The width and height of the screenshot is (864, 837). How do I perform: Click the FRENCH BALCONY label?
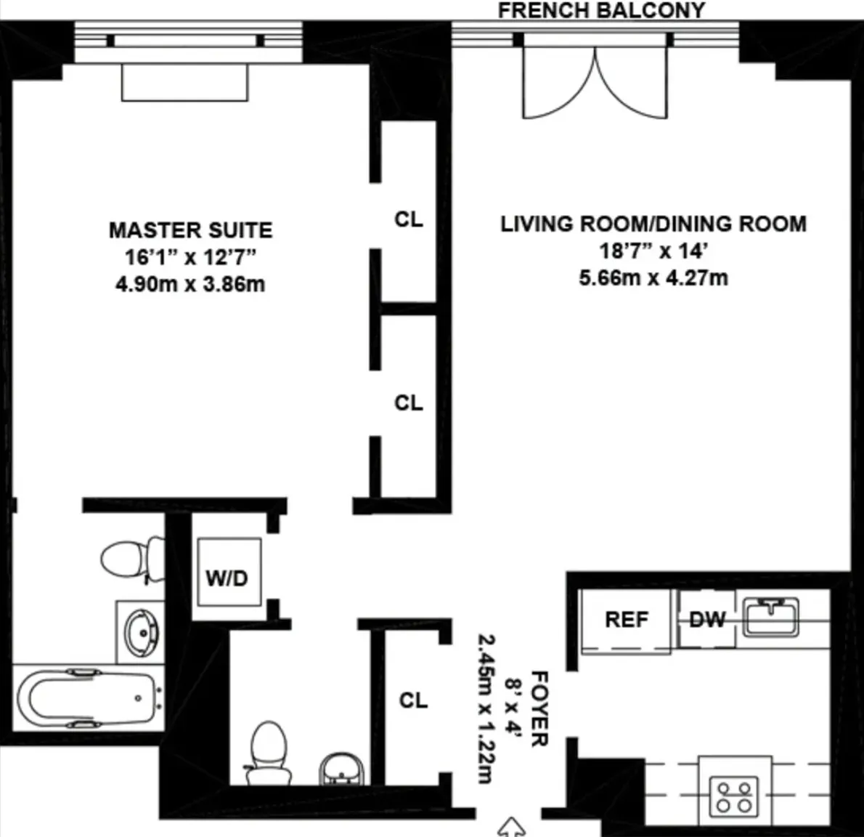pyautogui.click(x=601, y=10)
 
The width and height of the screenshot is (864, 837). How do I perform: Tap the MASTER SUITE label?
pyautogui.click(x=191, y=230)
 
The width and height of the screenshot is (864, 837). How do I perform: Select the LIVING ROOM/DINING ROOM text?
pyautogui.click(x=653, y=224)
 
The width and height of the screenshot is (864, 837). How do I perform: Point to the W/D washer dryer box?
pyautogui.click(x=229, y=572)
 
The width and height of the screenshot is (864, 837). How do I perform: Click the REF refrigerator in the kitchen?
pyautogui.click(x=626, y=621)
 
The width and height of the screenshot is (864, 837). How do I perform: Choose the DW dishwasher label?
pyautogui.click(x=707, y=620)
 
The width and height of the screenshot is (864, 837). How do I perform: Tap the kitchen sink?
pyautogui.click(x=771, y=616)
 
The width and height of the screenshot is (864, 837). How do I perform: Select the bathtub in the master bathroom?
pyautogui.click(x=88, y=698)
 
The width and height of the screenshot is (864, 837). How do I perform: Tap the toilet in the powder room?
pyautogui.click(x=269, y=753)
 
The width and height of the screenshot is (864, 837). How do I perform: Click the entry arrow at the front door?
pyautogui.click(x=511, y=827)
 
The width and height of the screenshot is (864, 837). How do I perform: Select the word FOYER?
pyautogui.click(x=539, y=709)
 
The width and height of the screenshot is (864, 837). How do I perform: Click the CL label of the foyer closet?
pyautogui.click(x=413, y=701)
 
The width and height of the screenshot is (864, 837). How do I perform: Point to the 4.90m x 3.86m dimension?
pyautogui.click(x=190, y=285)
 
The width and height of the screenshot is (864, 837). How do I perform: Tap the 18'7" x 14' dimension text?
pyautogui.click(x=653, y=251)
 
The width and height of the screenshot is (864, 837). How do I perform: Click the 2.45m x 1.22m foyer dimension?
pyautogui.click(x=486, y=709)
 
